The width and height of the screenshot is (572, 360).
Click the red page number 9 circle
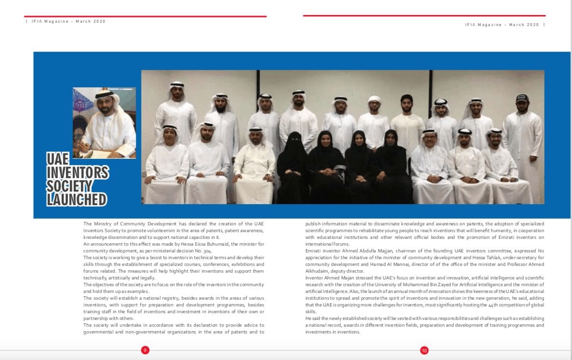coord(145,350)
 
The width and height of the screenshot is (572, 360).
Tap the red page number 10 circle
coord(424,351)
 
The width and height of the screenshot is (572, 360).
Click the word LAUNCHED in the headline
coord(77,199)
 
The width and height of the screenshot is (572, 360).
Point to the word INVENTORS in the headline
coord(77,172)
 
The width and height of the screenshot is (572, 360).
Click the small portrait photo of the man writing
coord(104,123)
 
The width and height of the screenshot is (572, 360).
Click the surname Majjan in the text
coord(372,251)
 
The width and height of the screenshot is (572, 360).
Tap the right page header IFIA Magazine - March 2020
coord(502,25)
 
